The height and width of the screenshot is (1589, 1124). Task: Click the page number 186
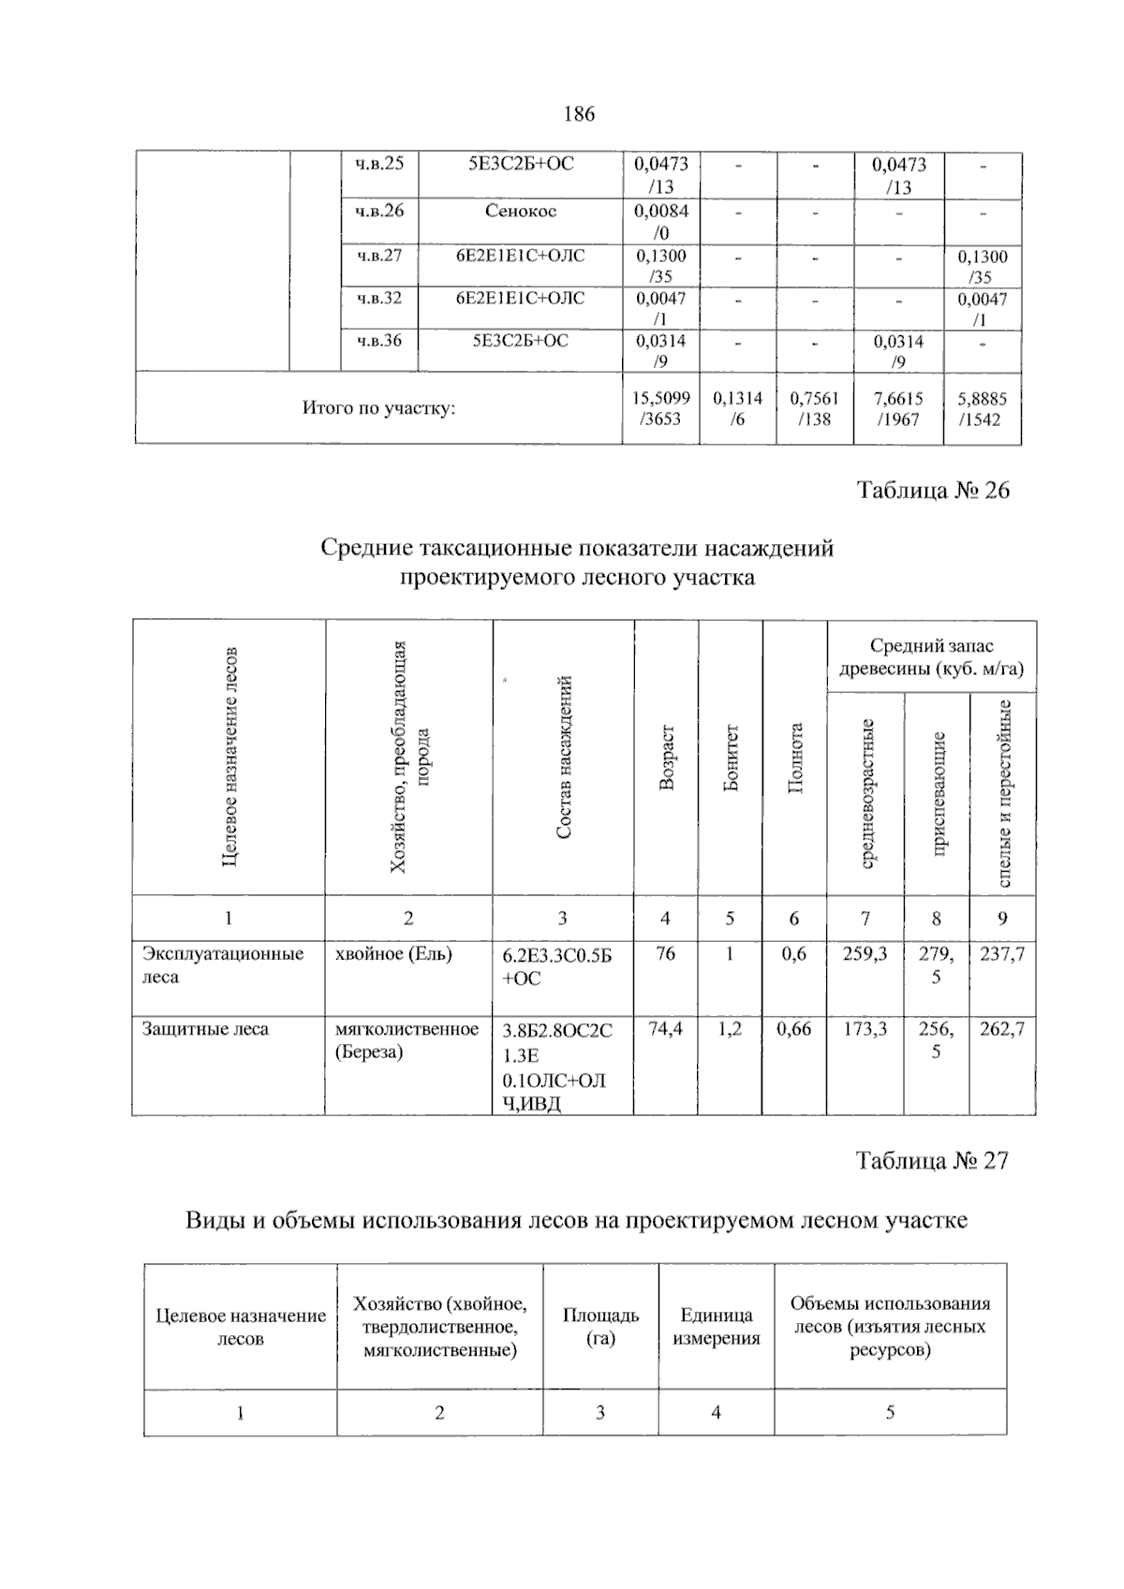coord(579,114)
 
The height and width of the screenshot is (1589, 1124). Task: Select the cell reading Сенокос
coord(520,211)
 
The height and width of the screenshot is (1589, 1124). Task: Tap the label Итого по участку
coord(378,408)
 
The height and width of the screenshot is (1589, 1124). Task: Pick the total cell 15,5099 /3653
coord(660,408)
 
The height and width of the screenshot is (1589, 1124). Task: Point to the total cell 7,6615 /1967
coord(898,408)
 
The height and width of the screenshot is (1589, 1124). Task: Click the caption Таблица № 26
coord(933,491)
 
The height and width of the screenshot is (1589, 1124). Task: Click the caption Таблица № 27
coord(932,1161)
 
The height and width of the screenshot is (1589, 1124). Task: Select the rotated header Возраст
coord(666,758)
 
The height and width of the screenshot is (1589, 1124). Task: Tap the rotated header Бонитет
coord(731,758)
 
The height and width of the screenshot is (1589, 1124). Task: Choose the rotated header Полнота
coord(795,758)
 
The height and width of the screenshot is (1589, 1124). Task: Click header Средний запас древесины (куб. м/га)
coord(931,657)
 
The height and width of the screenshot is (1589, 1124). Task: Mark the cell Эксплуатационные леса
coord(223,965)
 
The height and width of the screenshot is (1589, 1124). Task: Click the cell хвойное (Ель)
coord(393,954)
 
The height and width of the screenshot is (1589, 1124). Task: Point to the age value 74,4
coord(665,1029)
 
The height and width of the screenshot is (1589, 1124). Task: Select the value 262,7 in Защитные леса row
coord(1001,1029)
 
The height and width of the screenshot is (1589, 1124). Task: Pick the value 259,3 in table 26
coord(865,954)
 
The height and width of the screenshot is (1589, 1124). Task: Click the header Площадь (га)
coord(600,1326)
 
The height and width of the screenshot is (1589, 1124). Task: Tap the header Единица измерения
coord(716,1326)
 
